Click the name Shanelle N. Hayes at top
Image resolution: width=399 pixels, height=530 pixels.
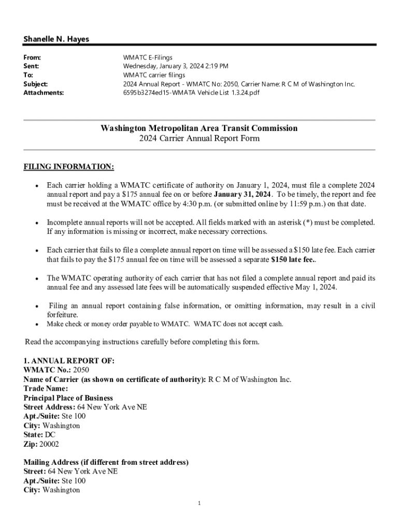pos(56,39)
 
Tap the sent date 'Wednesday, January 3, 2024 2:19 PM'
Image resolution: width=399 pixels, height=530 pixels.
pos(176,66)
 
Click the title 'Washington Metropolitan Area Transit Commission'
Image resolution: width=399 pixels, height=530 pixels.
pos(199,128)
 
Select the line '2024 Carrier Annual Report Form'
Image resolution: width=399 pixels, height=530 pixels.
pos(199,139)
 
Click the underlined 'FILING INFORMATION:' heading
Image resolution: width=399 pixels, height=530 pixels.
pos(69,167)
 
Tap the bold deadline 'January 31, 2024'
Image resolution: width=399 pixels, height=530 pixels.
pos(243,194)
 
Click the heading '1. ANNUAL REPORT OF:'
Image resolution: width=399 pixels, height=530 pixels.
pos(69,360)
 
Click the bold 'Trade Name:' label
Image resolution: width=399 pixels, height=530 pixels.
pos(46,388)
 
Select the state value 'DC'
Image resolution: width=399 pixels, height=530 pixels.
pos(50,435)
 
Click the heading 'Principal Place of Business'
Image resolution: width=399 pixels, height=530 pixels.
pos(68,397)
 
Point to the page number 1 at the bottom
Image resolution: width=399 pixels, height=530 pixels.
pos(199,503)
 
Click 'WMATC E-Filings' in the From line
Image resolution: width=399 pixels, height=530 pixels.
pos(148,57)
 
